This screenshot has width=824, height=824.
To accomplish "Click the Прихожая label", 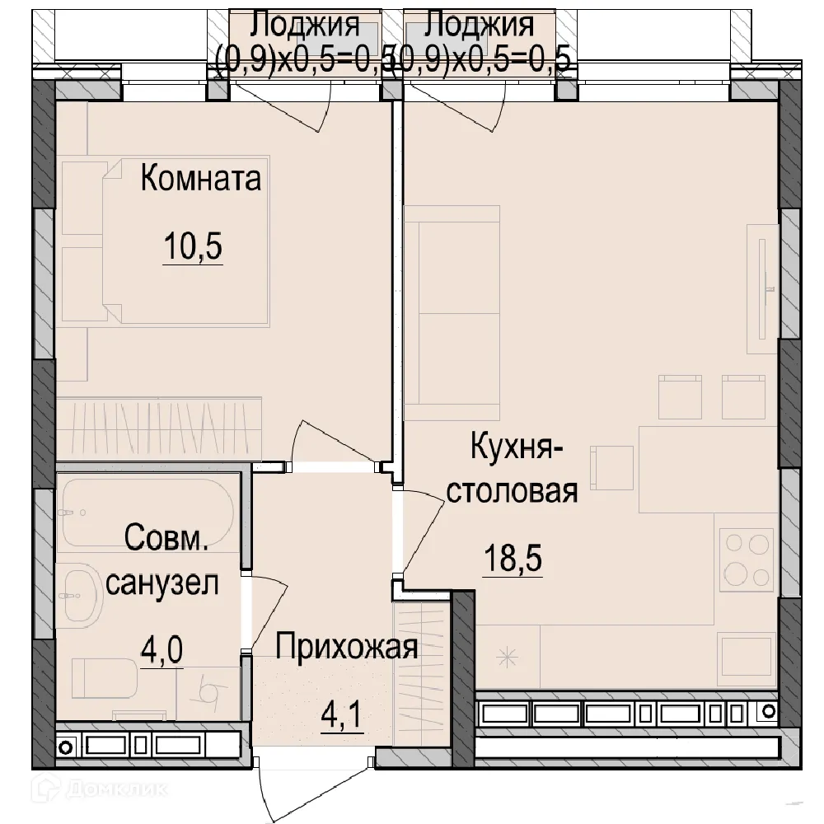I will [347, 647].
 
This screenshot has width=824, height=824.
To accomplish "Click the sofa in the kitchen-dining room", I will [452, 313].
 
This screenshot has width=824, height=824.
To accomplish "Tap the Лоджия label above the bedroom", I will [304, 24].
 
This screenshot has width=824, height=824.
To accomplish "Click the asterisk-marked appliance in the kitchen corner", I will [508, 656].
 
